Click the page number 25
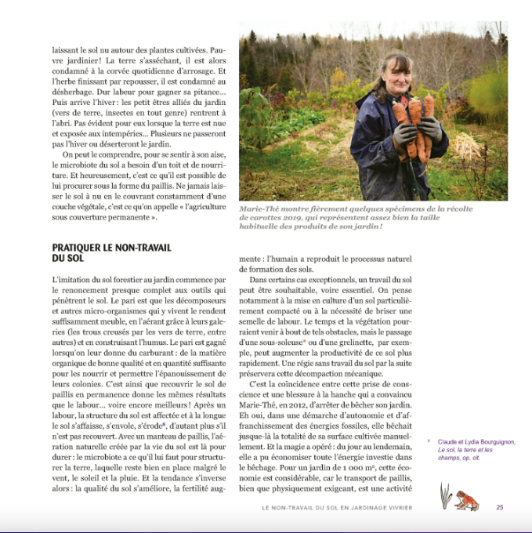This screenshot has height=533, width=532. (500, 507)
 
